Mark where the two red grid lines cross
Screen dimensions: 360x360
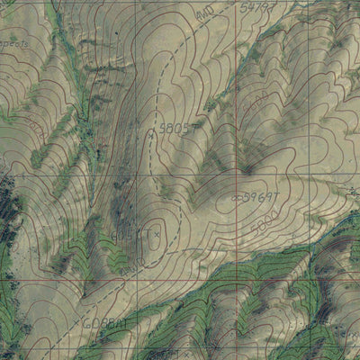[237, 169]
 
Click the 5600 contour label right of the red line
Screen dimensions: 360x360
[256, 97]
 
